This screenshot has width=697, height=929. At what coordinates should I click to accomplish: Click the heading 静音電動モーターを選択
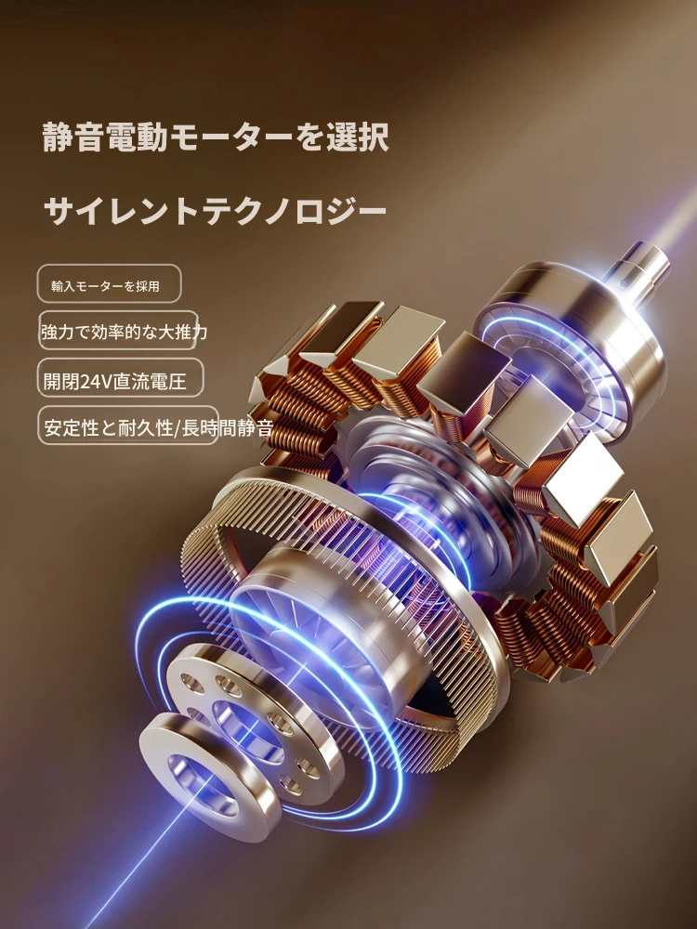tap(216, 137)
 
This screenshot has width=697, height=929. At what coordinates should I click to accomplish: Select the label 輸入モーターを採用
tap(106, 286)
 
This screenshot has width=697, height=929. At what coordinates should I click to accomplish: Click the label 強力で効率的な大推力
tap(124, 332)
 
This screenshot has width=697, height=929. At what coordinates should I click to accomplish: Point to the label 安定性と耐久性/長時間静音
tap(158, 427)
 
